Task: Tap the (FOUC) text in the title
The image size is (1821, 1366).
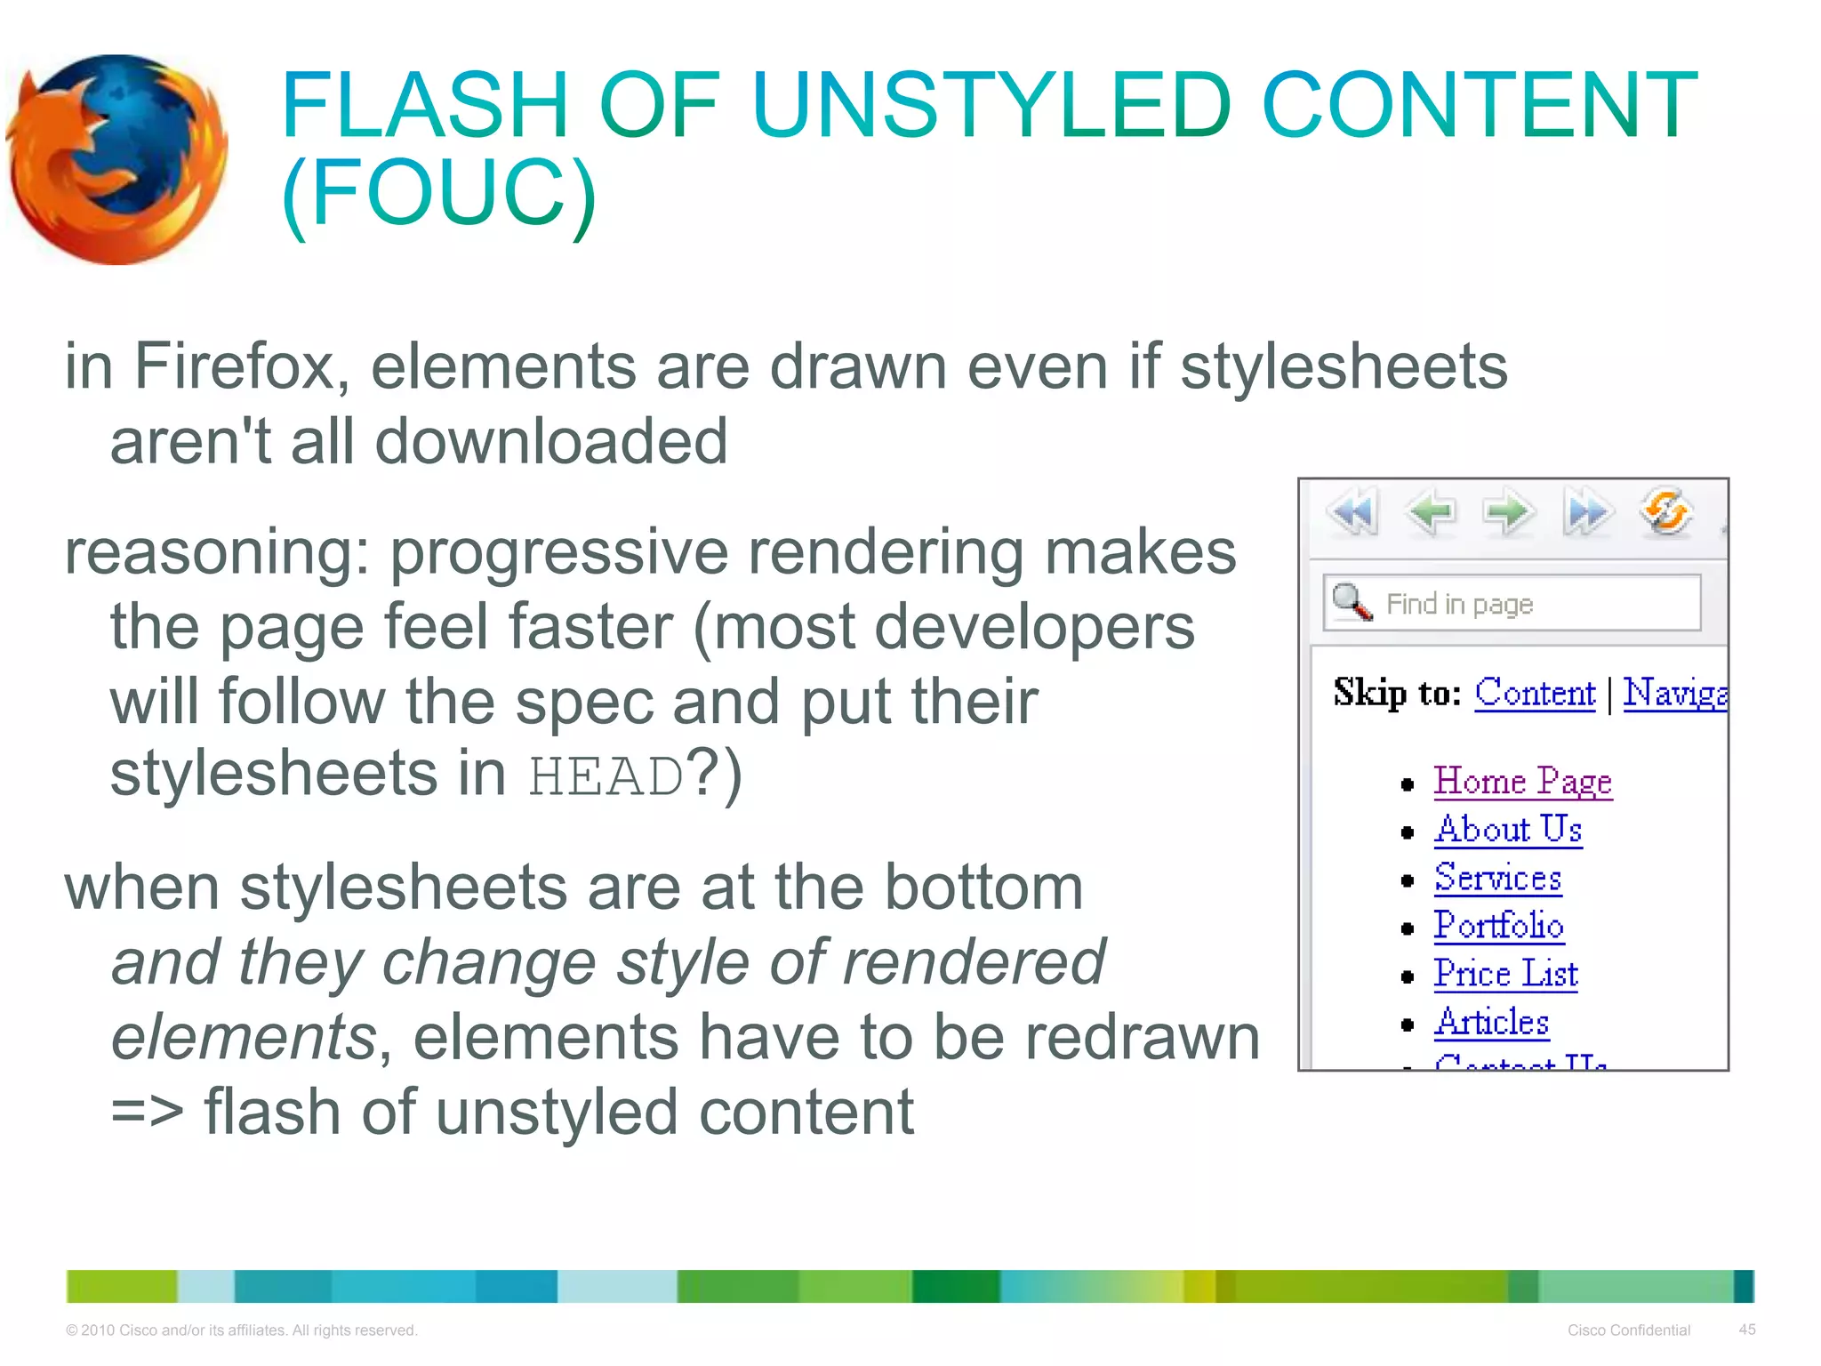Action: (x=438, y=193)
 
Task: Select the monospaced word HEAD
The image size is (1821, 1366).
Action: (x=606, y=776)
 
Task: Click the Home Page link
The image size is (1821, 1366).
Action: (x=1522, y=782)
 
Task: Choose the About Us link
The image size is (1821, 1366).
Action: (x=1508, y=830)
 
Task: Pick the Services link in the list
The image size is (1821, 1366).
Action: (x=1498, y=878)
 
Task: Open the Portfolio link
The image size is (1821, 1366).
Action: (x=1499, y=926)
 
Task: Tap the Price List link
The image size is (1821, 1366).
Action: (x=1505, y=974)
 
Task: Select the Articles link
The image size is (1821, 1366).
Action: (x=1492, y=1022)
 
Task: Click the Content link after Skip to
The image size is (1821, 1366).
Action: (x=1535, y=693)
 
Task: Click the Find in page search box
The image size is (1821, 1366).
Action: (x=1529, y=604)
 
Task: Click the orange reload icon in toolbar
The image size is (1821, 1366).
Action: (x=1665, y=512)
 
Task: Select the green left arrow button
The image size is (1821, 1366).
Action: (x=1431, y=512)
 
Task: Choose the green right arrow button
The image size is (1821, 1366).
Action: (x=1509, y=512)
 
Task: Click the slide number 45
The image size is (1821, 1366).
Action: (x=1746, y=1330)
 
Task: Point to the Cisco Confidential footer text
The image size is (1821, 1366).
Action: (x=1628, y=1330)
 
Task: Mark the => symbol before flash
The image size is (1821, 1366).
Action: (x=147, y=1113)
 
